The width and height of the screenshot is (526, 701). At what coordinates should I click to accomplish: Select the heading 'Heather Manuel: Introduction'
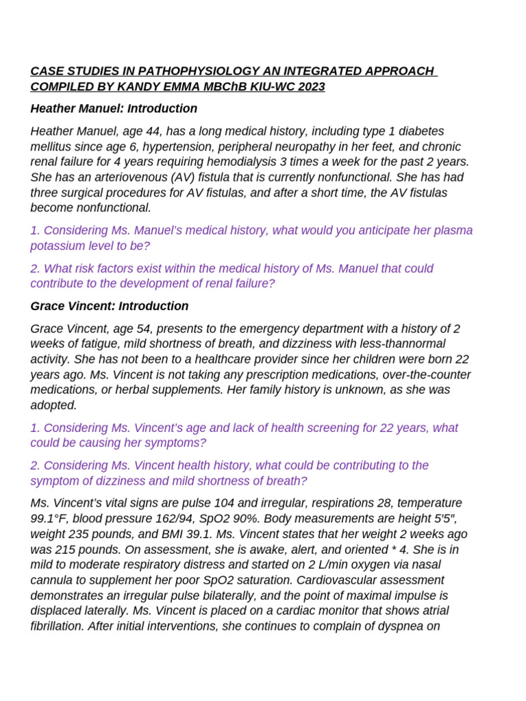pyautogui.click(x=114, y=108)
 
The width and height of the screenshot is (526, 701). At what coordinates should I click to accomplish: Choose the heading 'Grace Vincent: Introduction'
pyautogui.click(x=110, y=306)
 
